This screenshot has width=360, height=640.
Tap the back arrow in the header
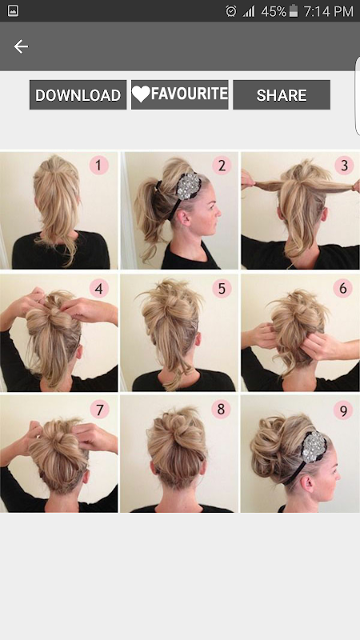point(21,46)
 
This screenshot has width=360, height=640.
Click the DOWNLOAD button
point(78,94)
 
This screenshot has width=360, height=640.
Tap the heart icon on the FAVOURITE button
point(141,94)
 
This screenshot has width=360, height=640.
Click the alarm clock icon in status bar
point(231,11)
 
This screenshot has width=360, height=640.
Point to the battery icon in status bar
point(294,11)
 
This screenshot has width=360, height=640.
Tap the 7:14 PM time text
point(328,11)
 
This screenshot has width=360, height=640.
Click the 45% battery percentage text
point(274,11)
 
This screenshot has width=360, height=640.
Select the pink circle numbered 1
point(98,166)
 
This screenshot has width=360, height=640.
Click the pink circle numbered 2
point(222,166)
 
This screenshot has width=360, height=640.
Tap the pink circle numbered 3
point(344,166)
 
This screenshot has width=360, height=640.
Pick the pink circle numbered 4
point(98,289)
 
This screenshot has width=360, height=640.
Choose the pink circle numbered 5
point(222,289)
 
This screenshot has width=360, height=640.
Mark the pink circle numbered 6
point(343,288)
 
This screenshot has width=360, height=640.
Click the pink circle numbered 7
point(99,409)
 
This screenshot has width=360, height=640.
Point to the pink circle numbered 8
point(222,409)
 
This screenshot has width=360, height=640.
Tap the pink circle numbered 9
point(343,410)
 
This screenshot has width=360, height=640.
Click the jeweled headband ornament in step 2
point(188,186)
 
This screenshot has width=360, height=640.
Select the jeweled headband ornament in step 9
point(314,446)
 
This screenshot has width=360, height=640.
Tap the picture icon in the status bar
point(13,11)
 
